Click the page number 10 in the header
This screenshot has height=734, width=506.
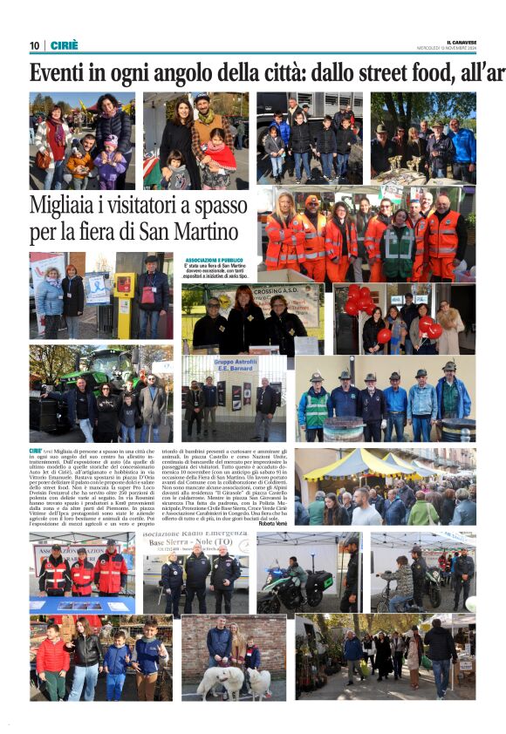tap(35, 45)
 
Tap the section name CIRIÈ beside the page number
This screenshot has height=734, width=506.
tap(64, 45)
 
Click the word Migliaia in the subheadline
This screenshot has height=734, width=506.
tap(66, 207)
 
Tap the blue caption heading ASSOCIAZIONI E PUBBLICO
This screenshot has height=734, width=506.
tap(215, 260)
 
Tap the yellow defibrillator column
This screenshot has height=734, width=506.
tap(124, 296)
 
